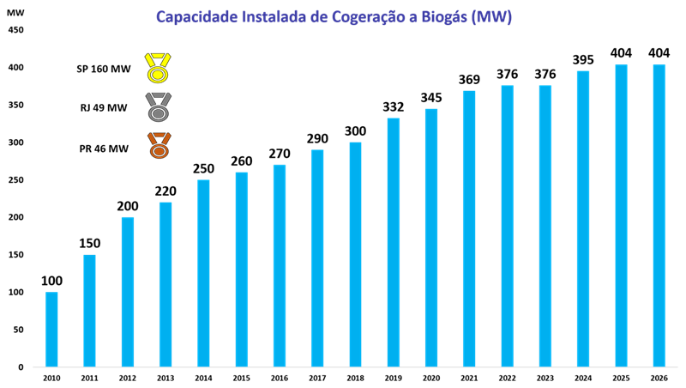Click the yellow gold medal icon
pos(158,68)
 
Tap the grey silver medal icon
pos(158,107)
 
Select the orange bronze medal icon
pos(159,145)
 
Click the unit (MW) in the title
pos(496,17)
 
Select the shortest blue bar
pos(51,330)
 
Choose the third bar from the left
pos(128,292)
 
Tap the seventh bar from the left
pos(280,265)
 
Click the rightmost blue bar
pos(659,215)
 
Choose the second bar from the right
pos(621,215)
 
